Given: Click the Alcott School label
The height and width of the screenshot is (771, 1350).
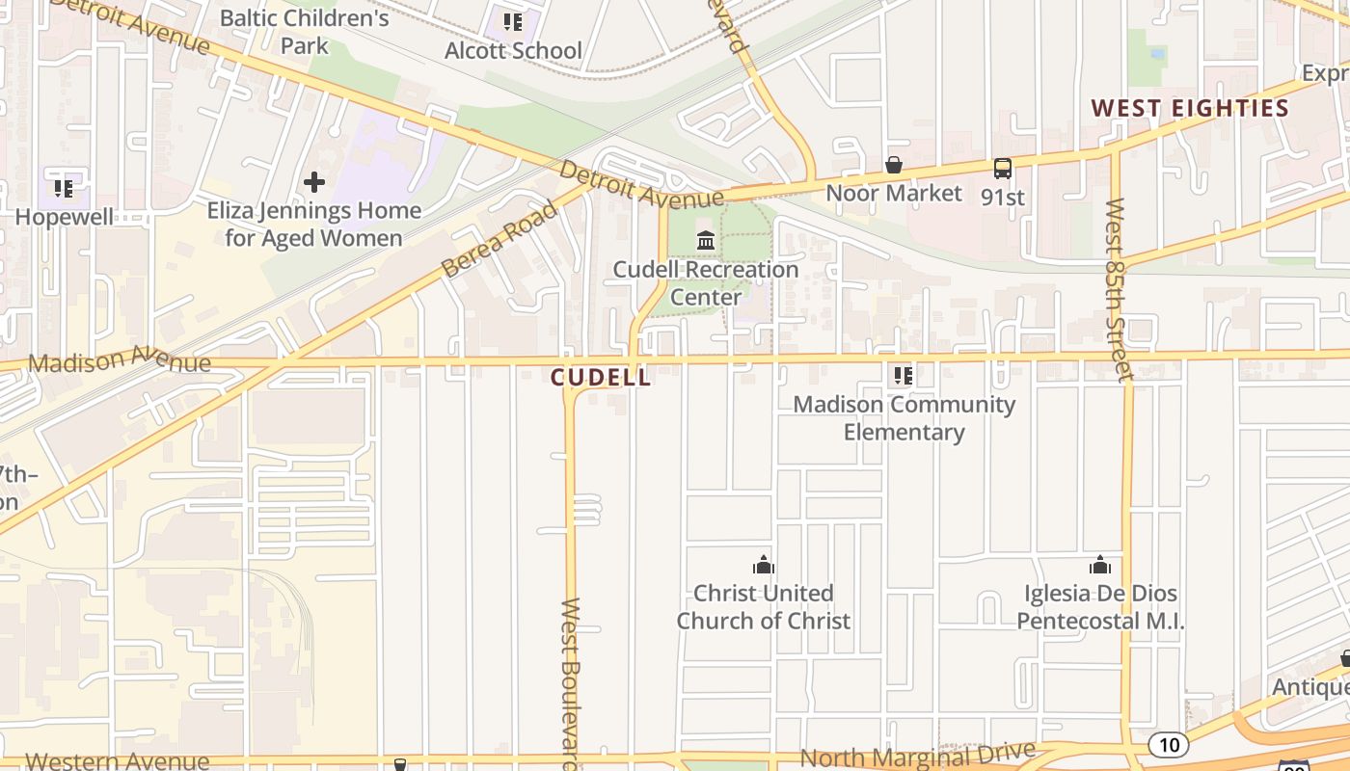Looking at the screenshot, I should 513,50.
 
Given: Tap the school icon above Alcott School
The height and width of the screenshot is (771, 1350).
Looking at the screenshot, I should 513,21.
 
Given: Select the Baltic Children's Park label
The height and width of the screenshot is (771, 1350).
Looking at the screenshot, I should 305,31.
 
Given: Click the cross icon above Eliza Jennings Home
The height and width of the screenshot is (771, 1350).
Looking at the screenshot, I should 314,181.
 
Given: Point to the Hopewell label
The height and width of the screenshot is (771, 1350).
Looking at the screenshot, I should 64,217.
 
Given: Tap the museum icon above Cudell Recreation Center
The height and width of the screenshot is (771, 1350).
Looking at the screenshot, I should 706,240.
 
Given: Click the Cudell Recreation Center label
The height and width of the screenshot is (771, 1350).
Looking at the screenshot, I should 706,282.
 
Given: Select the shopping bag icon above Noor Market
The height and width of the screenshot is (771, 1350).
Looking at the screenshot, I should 894,166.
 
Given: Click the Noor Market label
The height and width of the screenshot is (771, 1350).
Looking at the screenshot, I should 894,193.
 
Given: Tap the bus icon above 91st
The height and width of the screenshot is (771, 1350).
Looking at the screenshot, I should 1003,169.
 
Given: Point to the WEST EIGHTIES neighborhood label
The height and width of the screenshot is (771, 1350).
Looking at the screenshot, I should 1190,108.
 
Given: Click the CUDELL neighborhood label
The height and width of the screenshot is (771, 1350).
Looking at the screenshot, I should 602,378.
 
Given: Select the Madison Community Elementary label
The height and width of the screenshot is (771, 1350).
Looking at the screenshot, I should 904,418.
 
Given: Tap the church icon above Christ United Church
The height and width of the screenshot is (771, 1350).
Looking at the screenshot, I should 764,565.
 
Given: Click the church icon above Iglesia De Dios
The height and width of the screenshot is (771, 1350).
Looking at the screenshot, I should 1100,565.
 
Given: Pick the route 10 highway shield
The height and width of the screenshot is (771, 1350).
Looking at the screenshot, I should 1168,744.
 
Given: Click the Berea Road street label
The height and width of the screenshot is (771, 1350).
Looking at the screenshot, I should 499,239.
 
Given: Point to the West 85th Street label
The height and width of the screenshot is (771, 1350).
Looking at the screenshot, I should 1118,289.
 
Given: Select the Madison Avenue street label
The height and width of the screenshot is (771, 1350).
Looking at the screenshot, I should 120,361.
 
